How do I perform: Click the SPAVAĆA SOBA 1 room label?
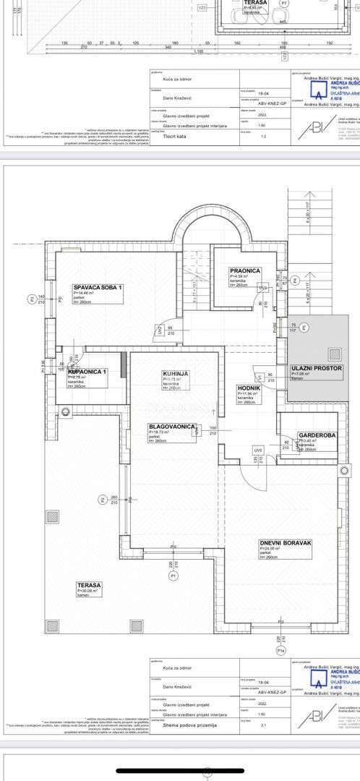point(98,287)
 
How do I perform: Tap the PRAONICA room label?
point(245,270)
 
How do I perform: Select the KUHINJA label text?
point(175,373)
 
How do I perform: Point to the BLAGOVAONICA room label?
point(168,427)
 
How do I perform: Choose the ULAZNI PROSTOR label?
point(316,368)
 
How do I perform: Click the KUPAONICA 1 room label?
point(88,371)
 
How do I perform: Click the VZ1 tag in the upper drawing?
point(202,7)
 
